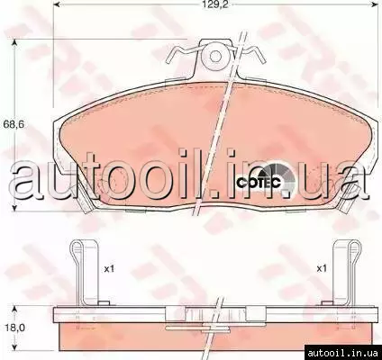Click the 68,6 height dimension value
[13, 124]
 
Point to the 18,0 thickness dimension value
[14, 328]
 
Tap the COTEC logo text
[259, 183]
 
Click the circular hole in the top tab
[214, 56]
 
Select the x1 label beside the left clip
[109, 269]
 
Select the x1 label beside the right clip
[322, 269]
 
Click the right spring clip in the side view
[345, 272]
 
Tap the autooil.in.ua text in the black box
[343, 353]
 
